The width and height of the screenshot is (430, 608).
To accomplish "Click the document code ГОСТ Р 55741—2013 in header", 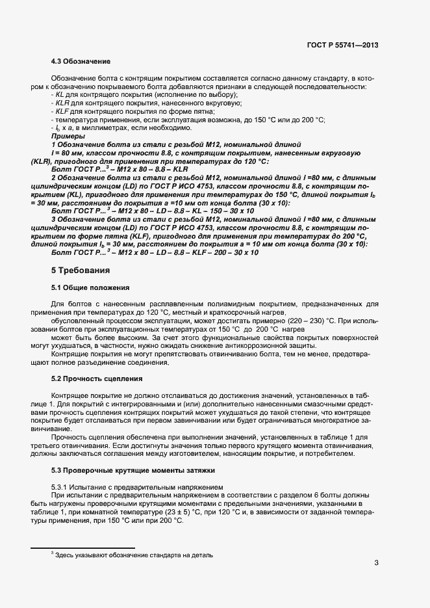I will [342, 44].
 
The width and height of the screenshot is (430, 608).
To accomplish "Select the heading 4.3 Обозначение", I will [81, 61].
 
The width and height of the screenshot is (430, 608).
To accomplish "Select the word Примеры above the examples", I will [68, 137].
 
